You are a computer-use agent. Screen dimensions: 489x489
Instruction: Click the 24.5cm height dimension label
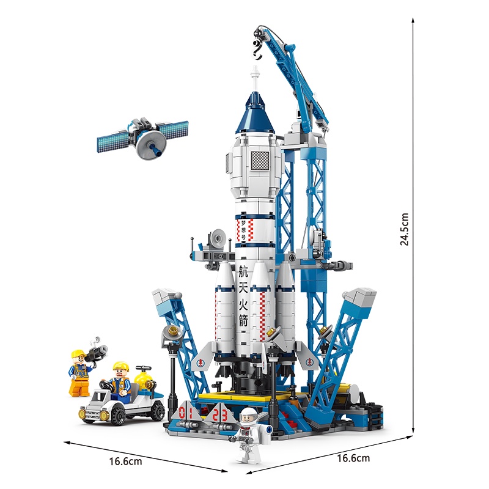(404, 229)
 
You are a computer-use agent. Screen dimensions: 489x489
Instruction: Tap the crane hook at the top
(257, 50)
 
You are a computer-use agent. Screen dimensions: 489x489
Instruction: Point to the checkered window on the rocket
(260, 161)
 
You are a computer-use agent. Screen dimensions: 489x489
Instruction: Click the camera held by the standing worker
(96, 353)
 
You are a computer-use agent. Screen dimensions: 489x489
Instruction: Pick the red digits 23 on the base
(220, 415)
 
